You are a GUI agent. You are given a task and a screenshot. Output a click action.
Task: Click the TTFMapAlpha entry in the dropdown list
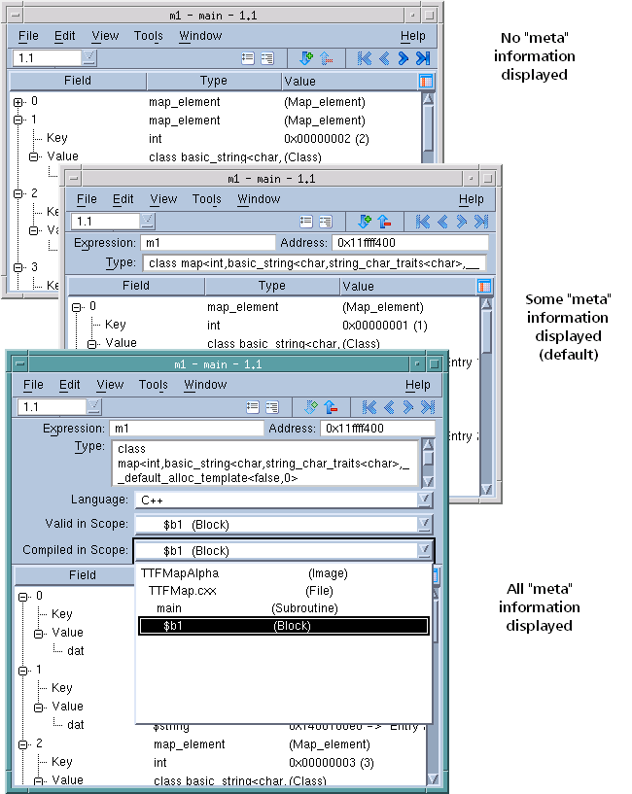coord(176,573)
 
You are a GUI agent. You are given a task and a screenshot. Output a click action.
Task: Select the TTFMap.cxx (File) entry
coord(183,591)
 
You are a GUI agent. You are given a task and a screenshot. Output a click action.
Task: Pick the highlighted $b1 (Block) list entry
coord(283,626)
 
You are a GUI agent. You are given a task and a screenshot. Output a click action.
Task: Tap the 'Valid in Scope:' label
coord(87,525)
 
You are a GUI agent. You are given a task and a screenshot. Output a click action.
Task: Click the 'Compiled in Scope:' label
coord(75,550)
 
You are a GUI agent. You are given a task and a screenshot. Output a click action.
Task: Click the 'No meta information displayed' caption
coord(534,55)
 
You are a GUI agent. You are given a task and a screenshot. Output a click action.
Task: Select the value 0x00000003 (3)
coord(331,763)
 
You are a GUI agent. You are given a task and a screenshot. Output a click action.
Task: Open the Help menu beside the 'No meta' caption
coord(412,36)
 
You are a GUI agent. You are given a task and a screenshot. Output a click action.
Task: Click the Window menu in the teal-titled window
coord(205,385)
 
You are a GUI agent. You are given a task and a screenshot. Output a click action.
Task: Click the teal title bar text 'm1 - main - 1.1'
coord(218,364)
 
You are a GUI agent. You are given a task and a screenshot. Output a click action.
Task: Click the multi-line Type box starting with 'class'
coord(264,463)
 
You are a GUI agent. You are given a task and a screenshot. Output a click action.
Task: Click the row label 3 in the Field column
coord(34,266)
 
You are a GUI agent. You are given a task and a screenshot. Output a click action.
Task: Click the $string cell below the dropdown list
coord(172,726)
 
